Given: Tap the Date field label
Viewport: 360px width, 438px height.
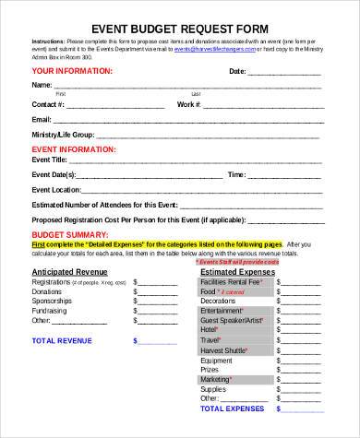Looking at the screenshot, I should tap(238, 70).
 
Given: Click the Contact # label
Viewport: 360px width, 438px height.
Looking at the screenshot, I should tap(48, 105).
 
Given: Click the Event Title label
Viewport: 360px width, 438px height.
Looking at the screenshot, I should tap(54, 159).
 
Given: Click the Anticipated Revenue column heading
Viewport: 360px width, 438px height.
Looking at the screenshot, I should tap(73, 273).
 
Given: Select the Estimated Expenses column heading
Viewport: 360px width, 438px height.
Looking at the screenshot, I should tap(237, 273).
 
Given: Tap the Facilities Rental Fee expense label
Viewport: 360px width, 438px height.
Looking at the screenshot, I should tap(232, 282).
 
